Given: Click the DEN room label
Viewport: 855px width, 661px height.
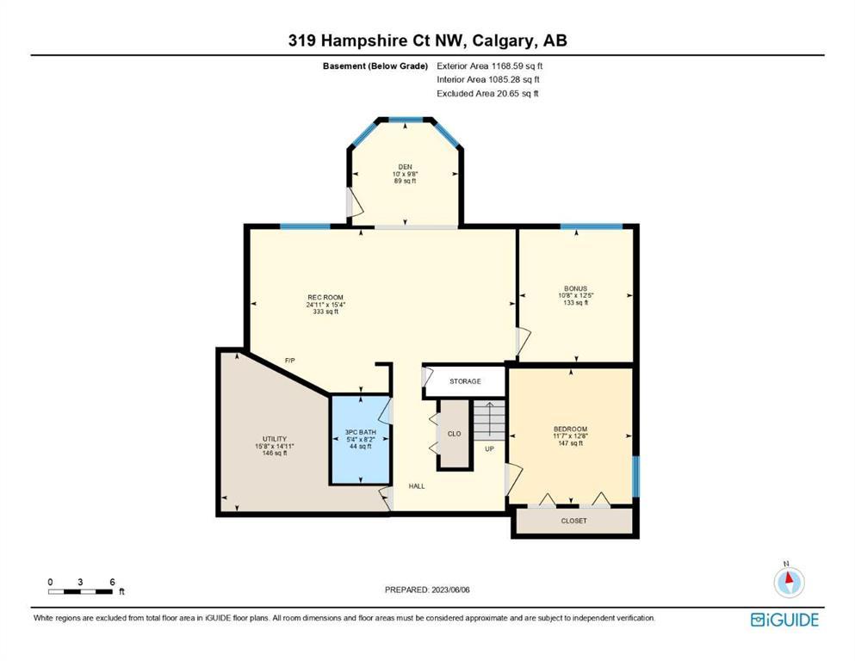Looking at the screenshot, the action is pyautogui.click(x=406, y=167).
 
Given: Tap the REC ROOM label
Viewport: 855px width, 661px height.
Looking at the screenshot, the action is pyautogui.click(x=325, y=298).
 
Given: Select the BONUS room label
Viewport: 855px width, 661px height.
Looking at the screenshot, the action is pyautogui.click(x=576, y=289).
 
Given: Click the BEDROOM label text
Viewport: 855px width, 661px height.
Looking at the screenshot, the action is pyautogui.click(x=570, y=429).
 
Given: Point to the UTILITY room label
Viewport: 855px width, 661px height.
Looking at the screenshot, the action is pyautogui.click(x=275, y=439).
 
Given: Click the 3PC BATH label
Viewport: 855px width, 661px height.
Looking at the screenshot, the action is pyautogui.click(x=361, y=432).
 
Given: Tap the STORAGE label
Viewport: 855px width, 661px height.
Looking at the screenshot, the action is pyautogui.click(x=465, y=381).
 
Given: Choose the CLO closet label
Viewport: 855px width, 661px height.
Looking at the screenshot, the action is pyautogui.click(x=455, y=434).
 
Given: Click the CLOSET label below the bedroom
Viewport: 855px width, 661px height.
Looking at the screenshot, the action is pyautogui.click(x=574, y=521).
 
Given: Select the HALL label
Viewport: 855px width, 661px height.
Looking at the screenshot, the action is pyautogui.click(x=417, y=486).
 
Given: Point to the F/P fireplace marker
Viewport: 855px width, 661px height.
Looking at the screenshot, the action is pyautogui.click(x=290, y=361).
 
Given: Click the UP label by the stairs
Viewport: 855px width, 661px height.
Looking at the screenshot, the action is pyautogui.click(x=490, y=449).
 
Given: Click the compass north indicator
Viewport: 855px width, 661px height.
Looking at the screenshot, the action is pyautogui.click(x=789, y=581).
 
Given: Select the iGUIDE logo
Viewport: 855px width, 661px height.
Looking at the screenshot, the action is pyautogui.click(x=784, y=621).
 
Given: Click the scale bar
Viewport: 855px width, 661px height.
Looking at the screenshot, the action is pyautogui.click(x=81, y=591).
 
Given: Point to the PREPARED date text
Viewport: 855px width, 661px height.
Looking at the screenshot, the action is pyautogui.click(x=427, y=590).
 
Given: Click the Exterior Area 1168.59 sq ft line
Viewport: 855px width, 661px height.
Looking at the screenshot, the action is pyautogui.click(x=490, y=66).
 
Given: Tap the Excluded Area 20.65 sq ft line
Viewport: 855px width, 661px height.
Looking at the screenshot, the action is pyautogui.click(x=487, y=93).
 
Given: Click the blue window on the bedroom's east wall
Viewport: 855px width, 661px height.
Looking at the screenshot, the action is pyautogui.click(x=635, y=477).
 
